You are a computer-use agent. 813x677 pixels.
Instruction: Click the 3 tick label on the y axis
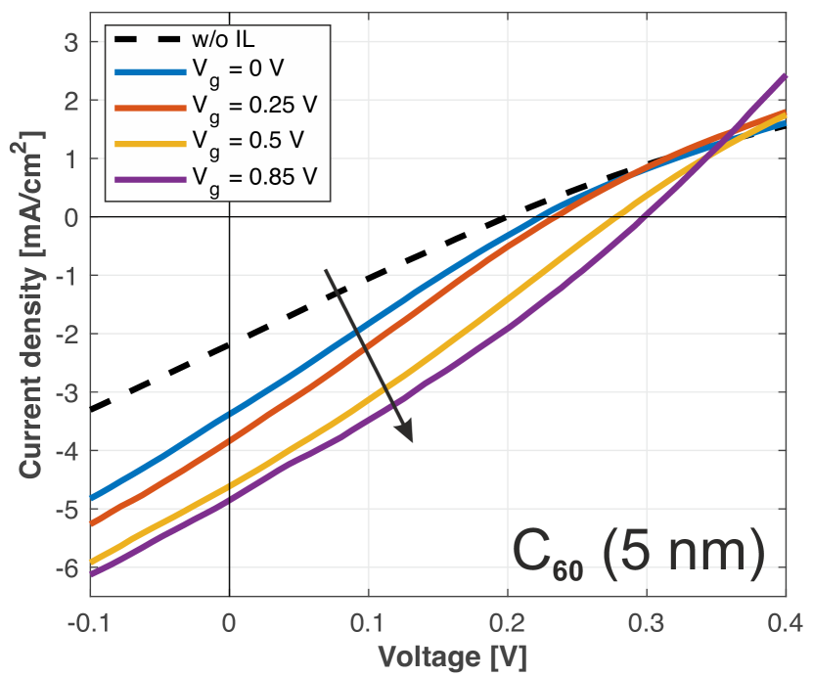coord(70,42)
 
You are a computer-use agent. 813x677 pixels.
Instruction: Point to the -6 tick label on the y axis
coord(67,567)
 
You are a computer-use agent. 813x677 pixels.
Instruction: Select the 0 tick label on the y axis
coord(70,217)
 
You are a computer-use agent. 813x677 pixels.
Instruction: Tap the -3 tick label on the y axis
coord(67,392)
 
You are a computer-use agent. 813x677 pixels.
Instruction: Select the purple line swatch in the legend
coord(148,178)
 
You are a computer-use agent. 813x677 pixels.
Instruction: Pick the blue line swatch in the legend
coord(148,72)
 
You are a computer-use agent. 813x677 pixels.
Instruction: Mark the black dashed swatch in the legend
coord(148,40)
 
